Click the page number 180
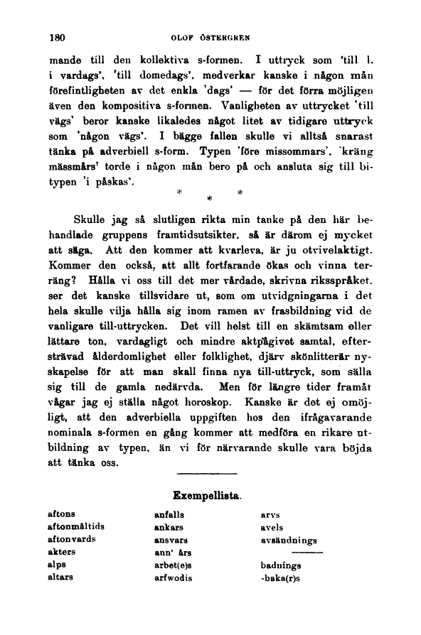58,36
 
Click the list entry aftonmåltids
75,526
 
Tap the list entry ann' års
173,552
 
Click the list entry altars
61,577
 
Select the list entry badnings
281,565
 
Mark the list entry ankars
169,527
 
